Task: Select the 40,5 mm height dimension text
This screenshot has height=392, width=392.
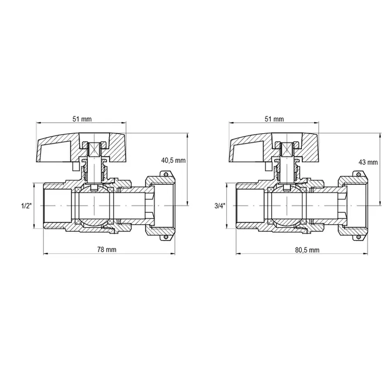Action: click(x=173, y=160)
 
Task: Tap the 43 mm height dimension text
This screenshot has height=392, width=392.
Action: click(x=367, y=162)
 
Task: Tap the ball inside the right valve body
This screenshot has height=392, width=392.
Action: click(x=287, y=205)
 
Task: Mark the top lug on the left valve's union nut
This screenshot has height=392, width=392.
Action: click(x=166, y=175)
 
